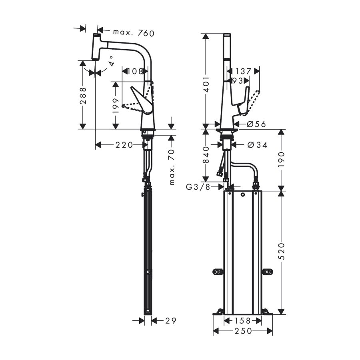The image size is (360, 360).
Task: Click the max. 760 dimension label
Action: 134,33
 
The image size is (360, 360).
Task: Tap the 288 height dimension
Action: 83,96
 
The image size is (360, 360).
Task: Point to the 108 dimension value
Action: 135,72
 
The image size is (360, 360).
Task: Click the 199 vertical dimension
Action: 116,106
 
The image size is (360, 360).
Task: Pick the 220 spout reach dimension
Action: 124,145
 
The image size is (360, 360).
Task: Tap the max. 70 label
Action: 172,167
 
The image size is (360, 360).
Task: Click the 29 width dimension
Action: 171,320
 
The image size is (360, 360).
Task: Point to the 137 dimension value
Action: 243,71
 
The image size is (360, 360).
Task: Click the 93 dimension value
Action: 238,80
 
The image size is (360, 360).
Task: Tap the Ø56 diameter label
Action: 256,124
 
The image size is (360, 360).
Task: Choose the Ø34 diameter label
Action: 258,145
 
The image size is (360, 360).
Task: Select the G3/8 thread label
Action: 198,187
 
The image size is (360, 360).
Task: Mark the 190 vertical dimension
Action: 282,159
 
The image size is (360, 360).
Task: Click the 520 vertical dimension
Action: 282,251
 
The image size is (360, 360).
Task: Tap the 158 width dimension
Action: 243,320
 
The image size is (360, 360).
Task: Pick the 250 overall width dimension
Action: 243,331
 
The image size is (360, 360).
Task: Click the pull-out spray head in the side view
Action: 97,47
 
